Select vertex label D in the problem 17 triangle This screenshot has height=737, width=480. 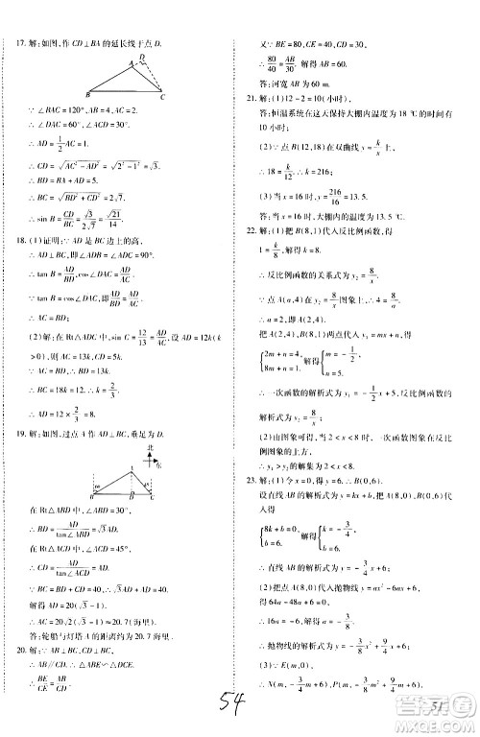click(x=143, y=58)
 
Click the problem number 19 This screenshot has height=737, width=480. click(x=21, y=432)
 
